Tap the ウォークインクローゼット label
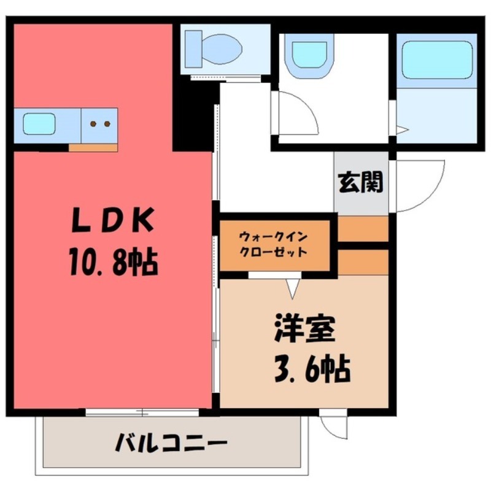click(x=274, y=244)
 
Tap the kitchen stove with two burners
click(x=99, y=124)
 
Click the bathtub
click(x=436, y=60)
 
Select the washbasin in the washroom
click(x=312, y=55)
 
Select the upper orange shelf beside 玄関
click(x=363, y=228)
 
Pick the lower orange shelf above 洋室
click(x=363, y=261)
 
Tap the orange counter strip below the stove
click(x=93, y=147)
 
